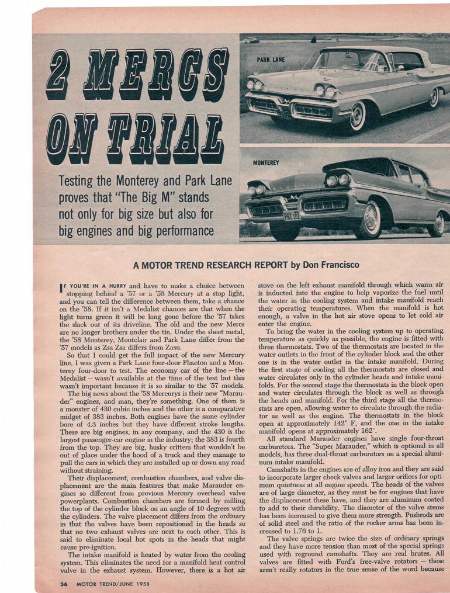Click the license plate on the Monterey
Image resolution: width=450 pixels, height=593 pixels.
[292, 216]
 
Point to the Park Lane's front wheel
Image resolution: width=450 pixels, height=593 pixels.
[356, 117]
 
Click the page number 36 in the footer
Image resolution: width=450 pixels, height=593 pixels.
[64, 583]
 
